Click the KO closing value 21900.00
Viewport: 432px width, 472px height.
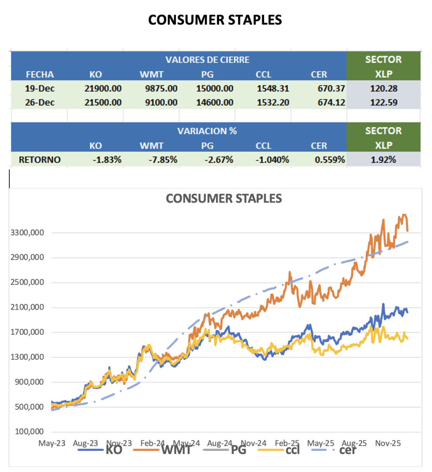pyautogui.click(x=103, y=89)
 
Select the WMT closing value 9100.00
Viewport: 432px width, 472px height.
pyautogui.click(x=161, y=103)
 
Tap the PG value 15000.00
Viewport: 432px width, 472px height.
pyautogui.click(x=215, y=89)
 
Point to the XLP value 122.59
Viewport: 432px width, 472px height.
pyautogui.click(x=383, y=103)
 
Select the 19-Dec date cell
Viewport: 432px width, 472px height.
pyautogui.click(x=40, y=89)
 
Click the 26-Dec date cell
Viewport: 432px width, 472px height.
pyautogui.click(x=40, y=103)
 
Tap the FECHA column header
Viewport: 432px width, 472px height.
pyautogui.click(x=40, y=74)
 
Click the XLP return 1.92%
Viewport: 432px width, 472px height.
pyautogui.click(x=383, y=160)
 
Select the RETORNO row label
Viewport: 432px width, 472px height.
pyautogui.click(x=40, y=160)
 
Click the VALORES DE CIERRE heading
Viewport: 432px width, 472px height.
pyautogui.click(x=207, y=60)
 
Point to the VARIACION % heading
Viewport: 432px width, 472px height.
pyautogui.click(x=207, y=131)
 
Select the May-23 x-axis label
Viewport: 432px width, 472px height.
pyautogui.click(x=52, y=442)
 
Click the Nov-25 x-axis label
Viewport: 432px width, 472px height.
pyautogui.click(x=388, y=442)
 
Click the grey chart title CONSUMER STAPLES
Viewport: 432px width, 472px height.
pyautogui.click(x=223, y=199)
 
